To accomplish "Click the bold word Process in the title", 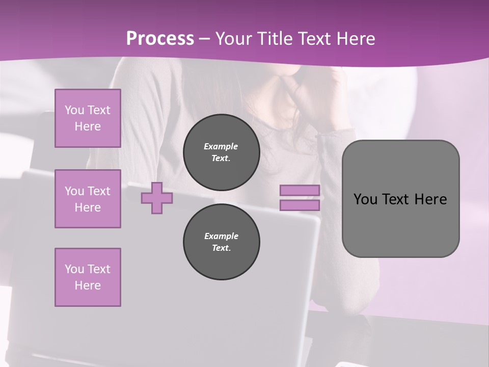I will tap(160, 38).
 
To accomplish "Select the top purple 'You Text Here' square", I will tap(88, 118).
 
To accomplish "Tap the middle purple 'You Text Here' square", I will tap(88, 199).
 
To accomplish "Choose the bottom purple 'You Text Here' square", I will tap(88, 277).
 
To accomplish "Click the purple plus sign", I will tap(157, 198).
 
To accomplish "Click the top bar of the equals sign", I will tap(300, 190).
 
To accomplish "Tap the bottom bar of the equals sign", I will tap(300, 205).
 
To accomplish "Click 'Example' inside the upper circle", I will tap(221, 146).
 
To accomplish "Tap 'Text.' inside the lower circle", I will tap(221, 248).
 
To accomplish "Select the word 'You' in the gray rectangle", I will tap(365, 199).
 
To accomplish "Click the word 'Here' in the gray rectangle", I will tap(430, 199).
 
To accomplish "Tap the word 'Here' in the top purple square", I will tap(88, 126).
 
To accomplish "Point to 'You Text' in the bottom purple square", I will tap(88, 269).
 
